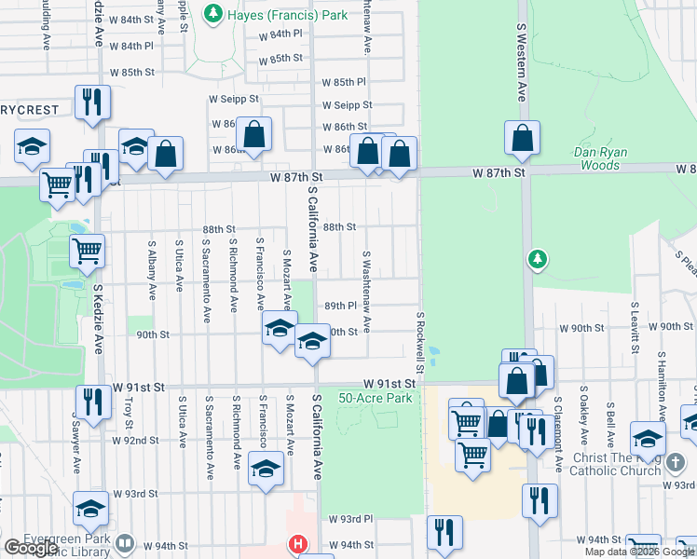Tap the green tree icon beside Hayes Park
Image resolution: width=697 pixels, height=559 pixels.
click(214, 14)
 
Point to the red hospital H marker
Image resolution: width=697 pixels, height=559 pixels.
click(297, 544)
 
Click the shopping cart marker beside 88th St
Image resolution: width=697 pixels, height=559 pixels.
click(87, 249)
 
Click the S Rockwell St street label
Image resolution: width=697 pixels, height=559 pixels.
click(421, 344)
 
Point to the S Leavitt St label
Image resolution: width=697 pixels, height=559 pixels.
click(635, 329)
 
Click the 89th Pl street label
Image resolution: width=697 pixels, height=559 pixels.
click(341, 306)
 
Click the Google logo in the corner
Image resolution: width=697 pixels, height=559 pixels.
click(31, 548)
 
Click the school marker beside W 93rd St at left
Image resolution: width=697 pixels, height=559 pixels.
click(90, 508)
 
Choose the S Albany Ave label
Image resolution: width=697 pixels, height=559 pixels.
click(152, 270)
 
